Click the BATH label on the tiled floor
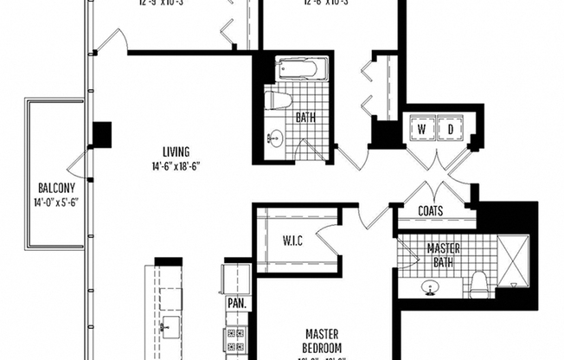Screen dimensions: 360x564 click(x=305, y=117)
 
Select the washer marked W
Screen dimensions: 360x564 click(x=422, y=130)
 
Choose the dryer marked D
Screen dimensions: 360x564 click(x=450, y=130)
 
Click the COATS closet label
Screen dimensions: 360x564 click(x=430, y=210)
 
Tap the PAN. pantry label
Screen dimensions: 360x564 click(x=236, y=305)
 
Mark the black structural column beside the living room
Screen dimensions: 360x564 click(x=102, y=134)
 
